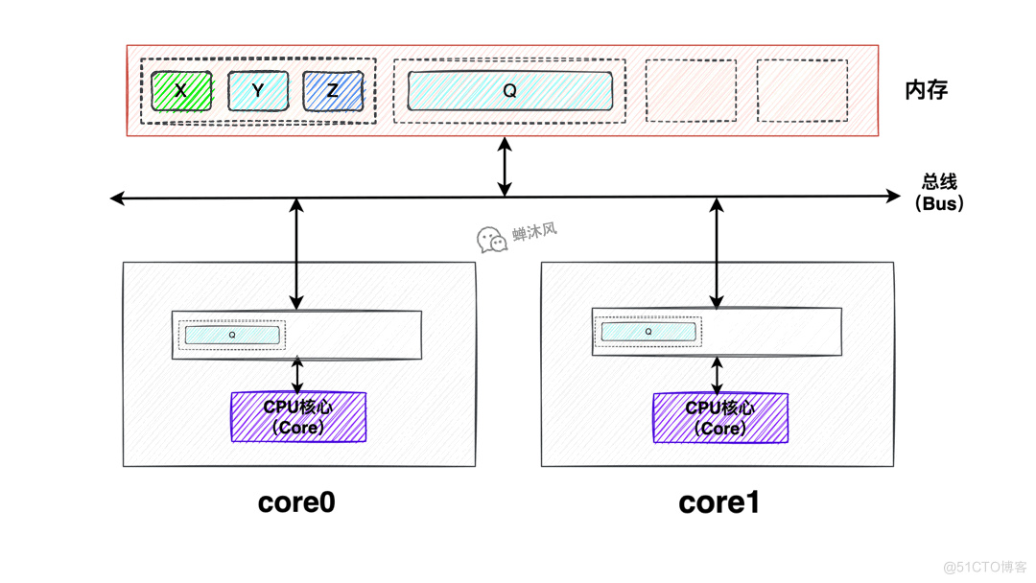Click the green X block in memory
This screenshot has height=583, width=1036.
[181, 91]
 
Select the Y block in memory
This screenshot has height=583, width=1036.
[257, 91]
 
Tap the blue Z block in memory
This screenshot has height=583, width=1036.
[333, 91]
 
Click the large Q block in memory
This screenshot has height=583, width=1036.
[509, 91]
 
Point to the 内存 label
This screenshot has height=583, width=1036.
[926, 90]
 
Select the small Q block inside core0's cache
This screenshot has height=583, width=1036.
[232, 335]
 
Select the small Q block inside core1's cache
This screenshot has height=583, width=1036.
[648, 332]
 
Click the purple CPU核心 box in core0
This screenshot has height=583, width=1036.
[298, 417]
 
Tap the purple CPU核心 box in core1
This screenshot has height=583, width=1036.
[720, 418]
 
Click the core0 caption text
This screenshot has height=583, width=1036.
[296, 501]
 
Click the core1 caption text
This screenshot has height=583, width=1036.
[718, 502]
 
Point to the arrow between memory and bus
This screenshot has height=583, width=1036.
[505, 167]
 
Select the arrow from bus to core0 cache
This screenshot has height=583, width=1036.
[296, 254]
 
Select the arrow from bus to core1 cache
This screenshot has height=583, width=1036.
[717, 253]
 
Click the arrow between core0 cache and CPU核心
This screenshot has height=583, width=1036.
[297, 375]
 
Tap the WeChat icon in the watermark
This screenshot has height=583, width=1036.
[492, 240]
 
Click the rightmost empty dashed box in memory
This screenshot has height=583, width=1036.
[802, 91]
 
